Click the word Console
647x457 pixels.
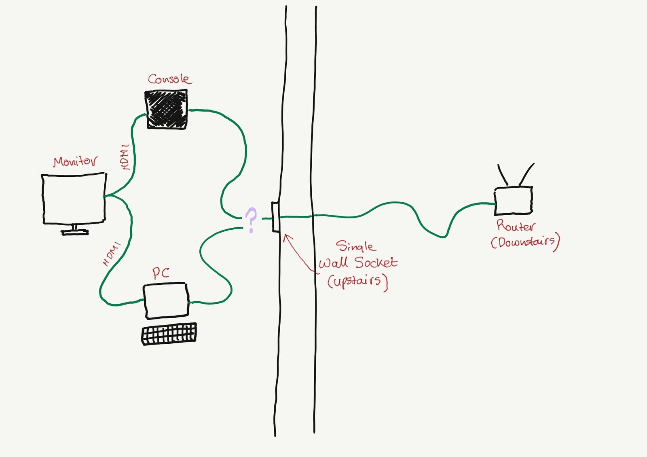coord(169,79)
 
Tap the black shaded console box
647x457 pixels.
coord(167,109)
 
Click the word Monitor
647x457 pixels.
coord(76,161)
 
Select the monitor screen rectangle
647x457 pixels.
coord(74,199)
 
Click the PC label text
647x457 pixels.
coord(161,273)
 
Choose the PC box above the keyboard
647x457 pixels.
coord(166,301)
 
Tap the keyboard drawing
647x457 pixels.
coord(169,334)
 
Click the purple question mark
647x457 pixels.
coord(251,220)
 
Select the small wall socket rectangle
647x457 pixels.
coord(275,217)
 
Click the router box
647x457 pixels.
coord(513,201)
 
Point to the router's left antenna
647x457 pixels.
coord(503,175)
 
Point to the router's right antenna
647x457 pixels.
coord(526,174)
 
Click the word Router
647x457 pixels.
coord(516,225)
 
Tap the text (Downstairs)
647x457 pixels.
coord(525,242)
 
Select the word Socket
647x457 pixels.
coord(376,262)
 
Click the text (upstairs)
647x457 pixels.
coord(357,281)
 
